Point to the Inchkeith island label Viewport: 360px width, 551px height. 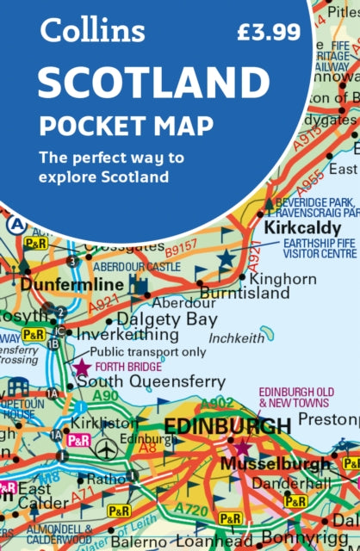pyautogui.click(x=237, y=339)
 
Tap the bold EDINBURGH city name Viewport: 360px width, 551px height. pyautogui.click(x=227, y=425)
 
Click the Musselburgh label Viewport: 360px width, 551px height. pyautogui.click(x=275, y=463)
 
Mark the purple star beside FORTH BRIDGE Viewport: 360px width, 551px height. pyautogui.click(x=81, y=367)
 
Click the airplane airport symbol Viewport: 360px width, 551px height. pyautogui.click(x=107, y=449)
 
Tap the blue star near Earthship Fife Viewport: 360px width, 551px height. pyautogui.click(x=226, y=257)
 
